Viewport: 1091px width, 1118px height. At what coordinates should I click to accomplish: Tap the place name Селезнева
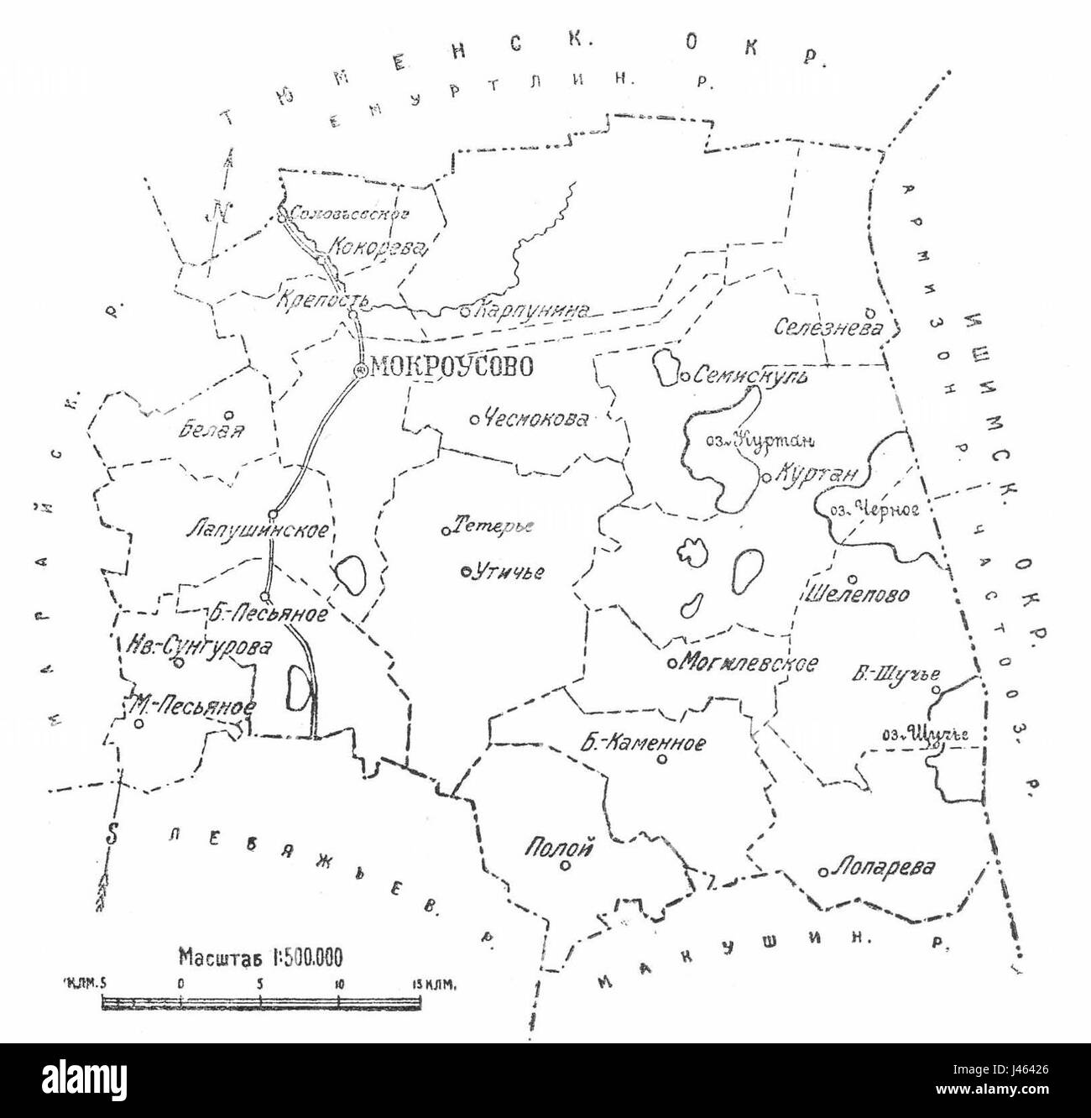(x=828, y=327)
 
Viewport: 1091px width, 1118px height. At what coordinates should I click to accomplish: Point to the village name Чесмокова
(x=538, y=420)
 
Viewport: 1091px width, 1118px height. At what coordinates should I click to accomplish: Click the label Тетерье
(x=493, y=527)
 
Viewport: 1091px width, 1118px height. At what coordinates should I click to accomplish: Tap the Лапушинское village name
(x=256, y=530)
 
